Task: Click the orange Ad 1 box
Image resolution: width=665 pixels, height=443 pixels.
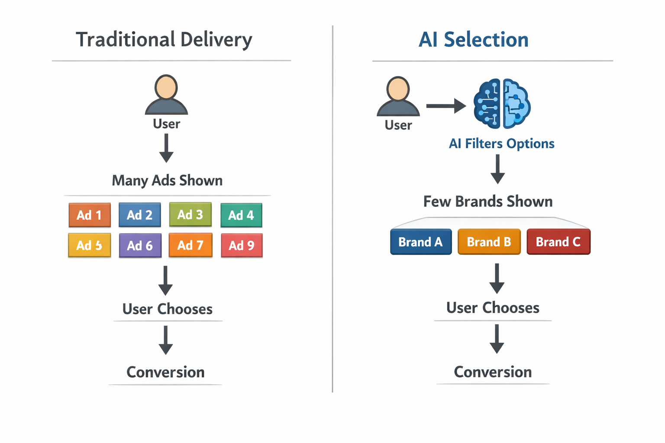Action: [x=90, y=215]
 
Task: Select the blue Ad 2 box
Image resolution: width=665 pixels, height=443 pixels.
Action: [x=140, y=215]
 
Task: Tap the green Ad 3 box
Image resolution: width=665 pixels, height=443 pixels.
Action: [x=190, y=214]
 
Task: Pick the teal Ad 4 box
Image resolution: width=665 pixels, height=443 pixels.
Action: [x=241, y=215]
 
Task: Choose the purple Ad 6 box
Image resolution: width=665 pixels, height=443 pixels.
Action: [x=140, y=245]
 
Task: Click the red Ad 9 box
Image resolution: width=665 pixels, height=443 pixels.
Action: [x=242, y=245]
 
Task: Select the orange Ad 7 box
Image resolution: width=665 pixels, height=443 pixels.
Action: [x=190, y=245]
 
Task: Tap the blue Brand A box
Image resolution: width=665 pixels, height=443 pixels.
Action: [x=421, y=242]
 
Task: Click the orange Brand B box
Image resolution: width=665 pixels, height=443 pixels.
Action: [x=489, y=242]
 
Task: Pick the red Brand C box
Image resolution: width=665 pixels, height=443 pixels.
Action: [x=558, y=242]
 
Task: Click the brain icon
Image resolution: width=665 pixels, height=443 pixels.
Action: [x=502, y=104]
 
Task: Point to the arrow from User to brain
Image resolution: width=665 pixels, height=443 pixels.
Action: [x=445, y=106]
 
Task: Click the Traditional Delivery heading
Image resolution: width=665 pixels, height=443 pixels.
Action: [x=164, y=40]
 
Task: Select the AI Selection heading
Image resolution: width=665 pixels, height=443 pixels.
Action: [x=474, y=40]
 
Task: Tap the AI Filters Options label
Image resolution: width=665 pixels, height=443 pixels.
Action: [x=501, y=144]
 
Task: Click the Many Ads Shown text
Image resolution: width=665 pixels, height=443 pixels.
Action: [x=167, y=180]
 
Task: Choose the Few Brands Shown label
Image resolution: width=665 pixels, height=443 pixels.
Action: [x=488, y=202]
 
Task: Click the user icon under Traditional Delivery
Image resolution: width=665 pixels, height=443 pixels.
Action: [x=166, y=95]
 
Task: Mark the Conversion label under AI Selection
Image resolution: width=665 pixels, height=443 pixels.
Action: [x=493, y=372]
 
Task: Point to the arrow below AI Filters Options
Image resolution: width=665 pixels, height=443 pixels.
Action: [x=497, y=169]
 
